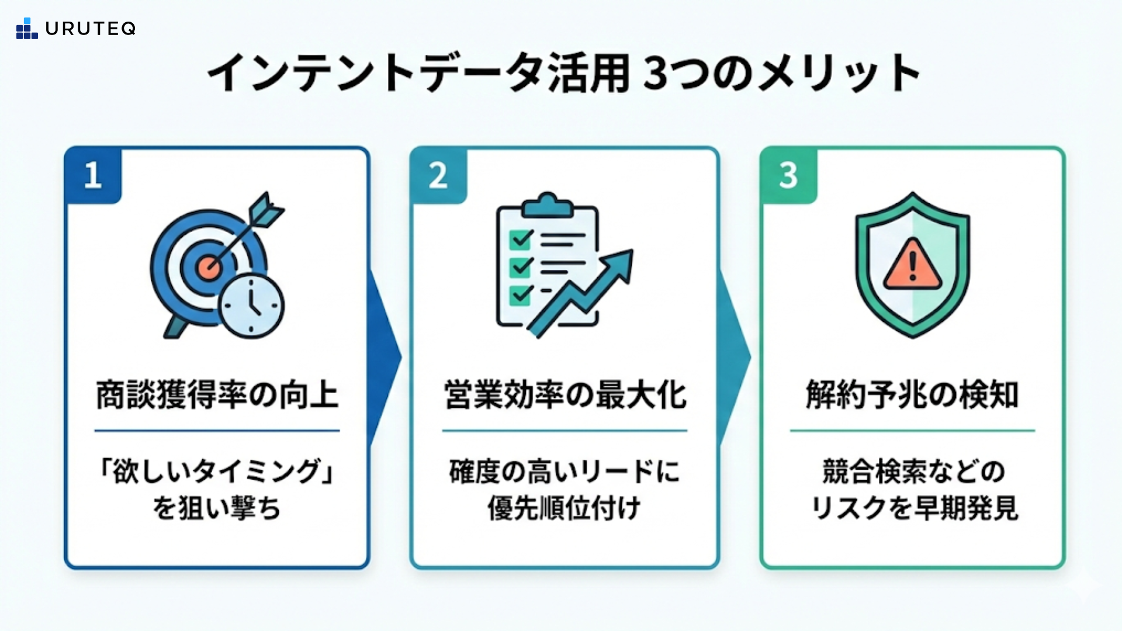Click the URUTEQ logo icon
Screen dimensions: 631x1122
pyautogui.click(x=27, y=29)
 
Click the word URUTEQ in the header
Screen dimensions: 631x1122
pyautogui.click(x=91, y=29)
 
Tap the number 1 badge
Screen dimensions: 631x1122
pyautogui.click(x=93, y=175)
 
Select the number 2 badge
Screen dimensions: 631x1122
pyautogui.click(x=438, y=175)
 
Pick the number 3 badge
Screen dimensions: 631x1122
pyautogui.click(x=788, y=175)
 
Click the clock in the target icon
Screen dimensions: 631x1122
pyautogui.click(x=252, y=306)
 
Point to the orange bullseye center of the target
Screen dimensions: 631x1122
pyautogui.click(x=209, y=268)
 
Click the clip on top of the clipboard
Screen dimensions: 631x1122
pyautogui.click(x=547, y=204)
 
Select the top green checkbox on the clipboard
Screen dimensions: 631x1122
pyautogui.click(x=520, y=239)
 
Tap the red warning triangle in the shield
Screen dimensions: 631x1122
pyautogui.click(x=912, y=266)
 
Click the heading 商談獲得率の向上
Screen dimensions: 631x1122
pyautogui.click(x=217, y=395)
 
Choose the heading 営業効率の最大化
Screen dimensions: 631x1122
pyautogui.click(x=565, y=395)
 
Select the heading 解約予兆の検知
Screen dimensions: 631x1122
pyautogui.click(x=912, y=395)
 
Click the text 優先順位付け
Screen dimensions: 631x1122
pyautogui.click(x=565, y=508)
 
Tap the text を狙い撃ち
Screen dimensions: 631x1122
pyautogui.click(x=217, y=508)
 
